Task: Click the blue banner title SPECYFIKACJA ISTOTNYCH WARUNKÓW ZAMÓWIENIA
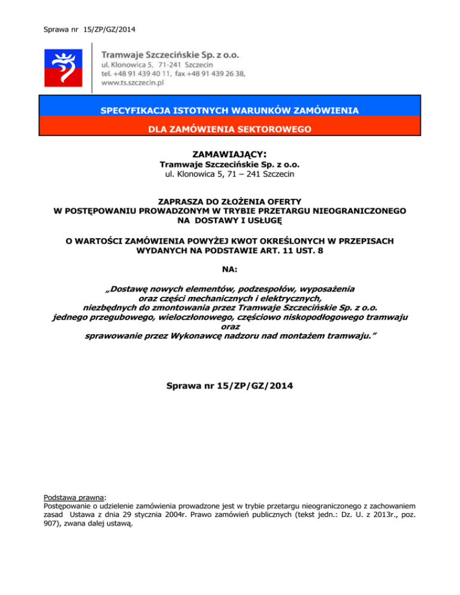pyautogui.click(x=229, y=111)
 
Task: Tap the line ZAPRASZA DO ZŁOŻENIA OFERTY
pyautogui.click(x=229, y=201)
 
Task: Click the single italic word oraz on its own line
pyautogui.click(x=230, y=327)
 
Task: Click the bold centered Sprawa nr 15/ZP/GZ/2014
pyautogui.click(x=229, y=387)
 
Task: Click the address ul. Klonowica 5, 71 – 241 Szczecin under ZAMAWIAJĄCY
pyautogui.click(x=229, y=174)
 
